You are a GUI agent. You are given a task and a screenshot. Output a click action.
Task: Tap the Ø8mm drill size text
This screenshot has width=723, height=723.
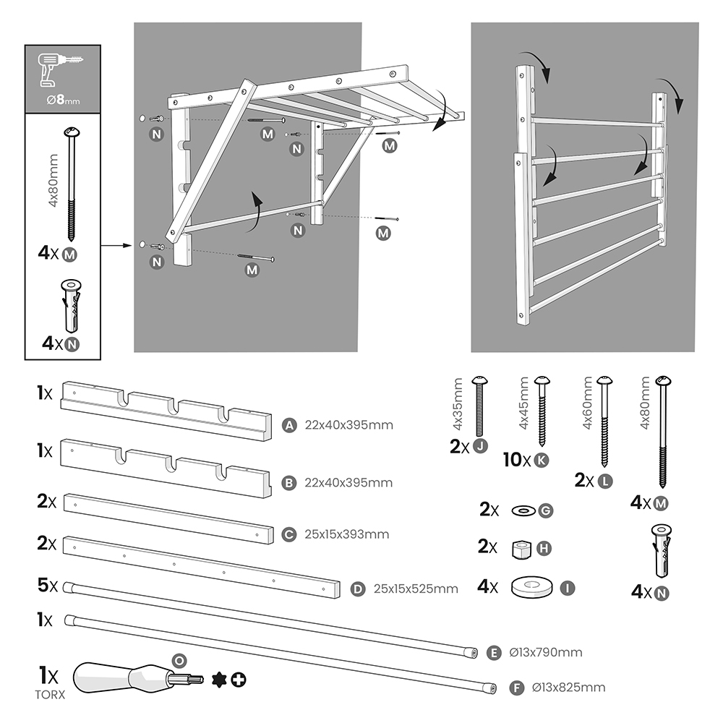click(x=63, y=100)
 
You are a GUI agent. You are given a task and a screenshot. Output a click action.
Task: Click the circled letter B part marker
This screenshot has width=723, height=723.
click(x=289, y=482)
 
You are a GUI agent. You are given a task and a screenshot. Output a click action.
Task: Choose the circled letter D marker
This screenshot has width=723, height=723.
click(x=356, y=589)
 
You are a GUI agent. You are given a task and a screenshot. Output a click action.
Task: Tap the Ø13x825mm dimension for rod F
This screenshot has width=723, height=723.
click(x=568, y=688)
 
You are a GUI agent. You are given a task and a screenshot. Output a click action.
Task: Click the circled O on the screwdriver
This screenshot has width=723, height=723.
click(x=179, y=660)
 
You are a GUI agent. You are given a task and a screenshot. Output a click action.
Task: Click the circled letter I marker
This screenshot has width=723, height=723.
click(x=568, y=588)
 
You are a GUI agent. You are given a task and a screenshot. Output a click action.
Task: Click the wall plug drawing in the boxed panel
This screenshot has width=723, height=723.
click(x=72, y=304)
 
